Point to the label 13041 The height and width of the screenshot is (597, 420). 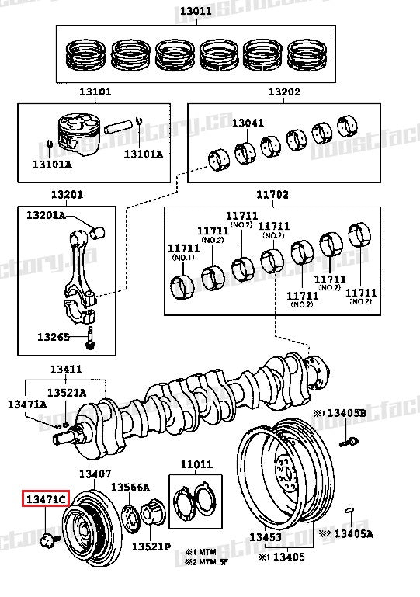click(248, 123)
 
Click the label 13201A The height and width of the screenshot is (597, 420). click(46, 214)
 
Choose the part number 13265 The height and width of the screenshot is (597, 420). click(54, 337)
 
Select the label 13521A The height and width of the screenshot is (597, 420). click(66, 393)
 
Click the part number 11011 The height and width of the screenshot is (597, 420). click(196, 464)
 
